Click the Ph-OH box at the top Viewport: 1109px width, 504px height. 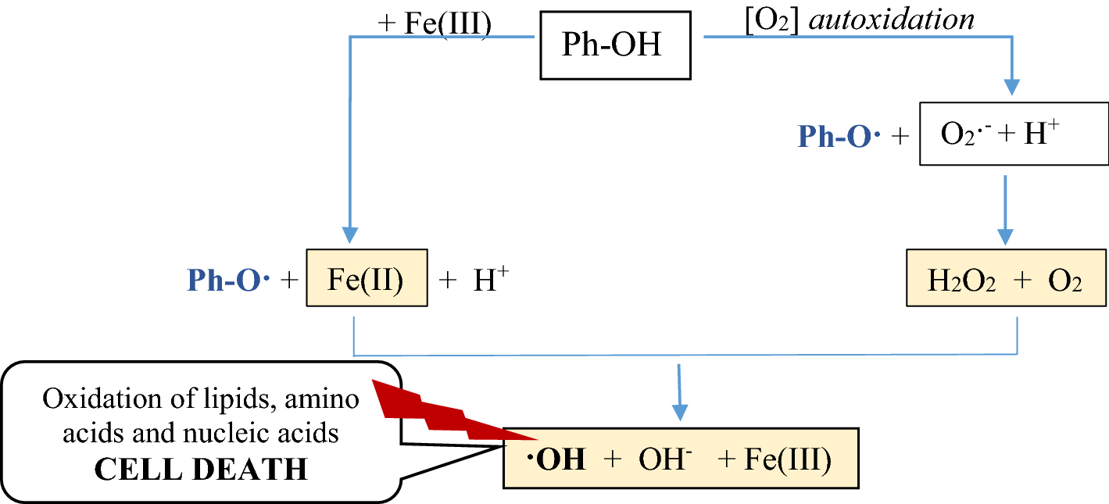pos(615,45)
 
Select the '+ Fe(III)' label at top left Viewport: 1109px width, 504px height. pos(435,23)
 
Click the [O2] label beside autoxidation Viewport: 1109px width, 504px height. pos(774,18)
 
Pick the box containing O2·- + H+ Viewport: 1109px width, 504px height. pos(1013,134)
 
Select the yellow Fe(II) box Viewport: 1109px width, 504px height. pos(366,277)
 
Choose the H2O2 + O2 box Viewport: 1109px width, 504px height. pos(1005,277)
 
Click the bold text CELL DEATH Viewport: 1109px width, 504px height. pos(201,469)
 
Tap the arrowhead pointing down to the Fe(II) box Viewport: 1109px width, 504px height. pos(349,234)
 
